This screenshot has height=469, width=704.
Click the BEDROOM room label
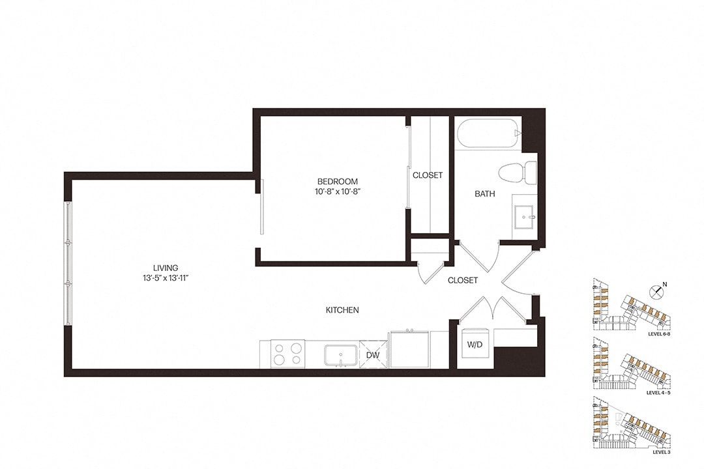337,181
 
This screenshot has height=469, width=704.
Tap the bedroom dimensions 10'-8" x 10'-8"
338,192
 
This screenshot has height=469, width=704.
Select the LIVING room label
165,268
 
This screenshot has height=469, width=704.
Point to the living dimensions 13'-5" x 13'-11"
165,278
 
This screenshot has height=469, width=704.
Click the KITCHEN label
342,310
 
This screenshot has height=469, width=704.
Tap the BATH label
485,194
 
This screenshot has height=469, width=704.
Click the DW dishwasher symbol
373,355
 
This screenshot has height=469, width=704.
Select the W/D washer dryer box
475,345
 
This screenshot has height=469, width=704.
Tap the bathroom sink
524,217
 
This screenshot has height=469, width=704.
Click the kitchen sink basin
341,355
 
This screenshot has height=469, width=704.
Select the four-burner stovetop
288,354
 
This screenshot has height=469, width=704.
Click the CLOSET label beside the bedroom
428,175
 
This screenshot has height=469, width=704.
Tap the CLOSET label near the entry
462,281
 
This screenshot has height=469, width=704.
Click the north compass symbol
657,291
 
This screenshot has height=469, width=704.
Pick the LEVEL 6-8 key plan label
659,334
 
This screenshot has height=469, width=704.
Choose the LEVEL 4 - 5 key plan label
658,393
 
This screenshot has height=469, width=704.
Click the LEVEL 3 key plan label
662,452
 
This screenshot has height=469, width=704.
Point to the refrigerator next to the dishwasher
409,349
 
